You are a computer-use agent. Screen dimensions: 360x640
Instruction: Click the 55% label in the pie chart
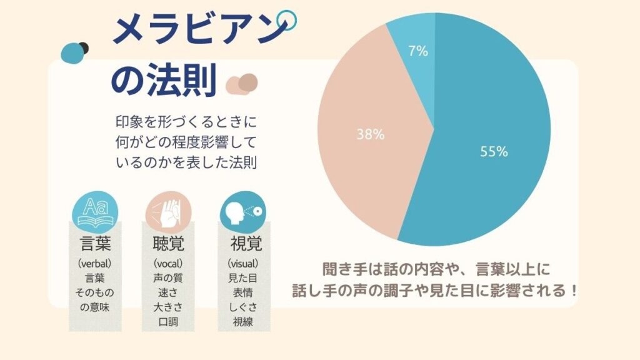tap(494, 151)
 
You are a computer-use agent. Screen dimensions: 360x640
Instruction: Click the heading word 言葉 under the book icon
tap(95, 244)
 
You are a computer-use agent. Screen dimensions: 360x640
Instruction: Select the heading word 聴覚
tap(168, 244)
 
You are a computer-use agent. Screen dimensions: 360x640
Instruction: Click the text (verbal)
tap(95, 263)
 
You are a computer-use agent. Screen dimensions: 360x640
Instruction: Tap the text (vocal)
tap(168, 263)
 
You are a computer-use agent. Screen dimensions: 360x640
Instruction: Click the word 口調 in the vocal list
tap(168, 322)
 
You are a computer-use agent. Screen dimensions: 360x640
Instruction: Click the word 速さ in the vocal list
tap(168, 292)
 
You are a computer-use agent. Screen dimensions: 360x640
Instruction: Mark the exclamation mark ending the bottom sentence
tap(573, 291)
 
